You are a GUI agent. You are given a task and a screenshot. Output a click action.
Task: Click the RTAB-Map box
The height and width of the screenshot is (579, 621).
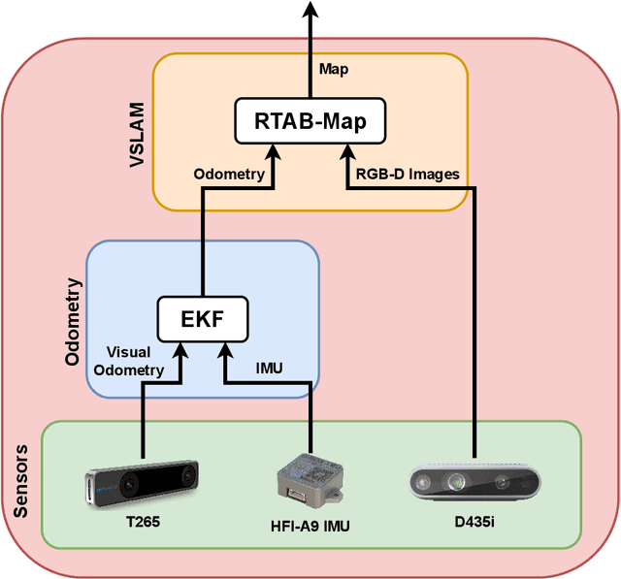pyautogui.click(x=310, y=121)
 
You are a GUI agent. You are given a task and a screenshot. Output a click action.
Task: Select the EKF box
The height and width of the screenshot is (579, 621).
pyautogui.click(x=202, y=317)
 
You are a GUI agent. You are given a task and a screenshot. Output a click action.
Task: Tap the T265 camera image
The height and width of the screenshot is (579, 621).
pyautogui.click(x=143, y=482)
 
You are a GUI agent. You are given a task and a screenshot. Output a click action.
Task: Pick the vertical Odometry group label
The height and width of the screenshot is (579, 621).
pyautogui.click(x=72, y=323)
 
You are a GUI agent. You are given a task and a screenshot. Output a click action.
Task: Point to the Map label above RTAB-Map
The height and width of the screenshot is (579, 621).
pyautogui.click(x=332, y=69)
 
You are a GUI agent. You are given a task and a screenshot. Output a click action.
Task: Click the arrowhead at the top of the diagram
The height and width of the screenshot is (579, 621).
pyautogui.click(x=310, y=10)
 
